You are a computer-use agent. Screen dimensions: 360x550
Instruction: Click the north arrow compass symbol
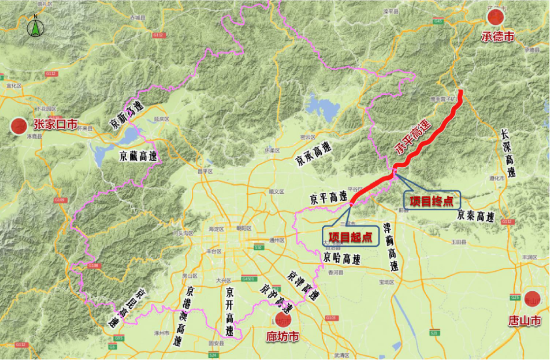[x=35, y=26]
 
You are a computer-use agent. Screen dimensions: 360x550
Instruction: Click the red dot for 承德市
[x=496, y=17]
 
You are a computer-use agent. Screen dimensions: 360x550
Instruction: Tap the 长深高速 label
[x=509, y=154]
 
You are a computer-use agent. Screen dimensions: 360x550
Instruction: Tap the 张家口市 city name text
[x=55, y=125]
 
